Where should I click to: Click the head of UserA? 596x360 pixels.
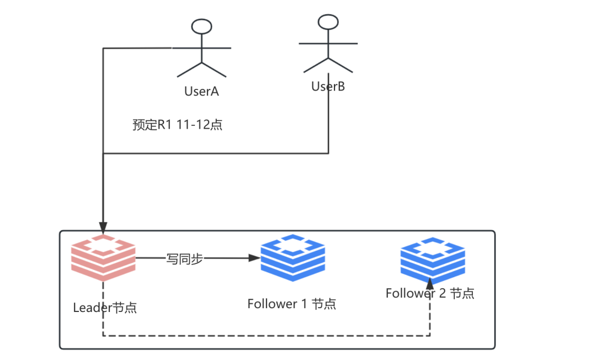click(201, 27)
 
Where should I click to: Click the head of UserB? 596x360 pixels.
click(328, 22)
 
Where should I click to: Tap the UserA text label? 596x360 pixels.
click(201, 91)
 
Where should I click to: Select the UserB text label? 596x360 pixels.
click(328, 87)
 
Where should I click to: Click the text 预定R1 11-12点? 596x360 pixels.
click(178, 125)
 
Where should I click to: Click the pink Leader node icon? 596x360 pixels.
click(103, 258)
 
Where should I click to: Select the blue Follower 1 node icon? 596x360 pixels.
click(292, 258)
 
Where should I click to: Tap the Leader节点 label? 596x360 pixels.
click(105, 308)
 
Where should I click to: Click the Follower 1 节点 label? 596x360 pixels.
click(292, 304)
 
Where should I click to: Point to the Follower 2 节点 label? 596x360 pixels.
click(430, 293)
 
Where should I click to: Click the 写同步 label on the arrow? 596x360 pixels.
click(185, 259)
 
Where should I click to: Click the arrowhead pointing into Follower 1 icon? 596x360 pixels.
click(254, 258)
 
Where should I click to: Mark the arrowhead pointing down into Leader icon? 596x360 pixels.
click(103, 228)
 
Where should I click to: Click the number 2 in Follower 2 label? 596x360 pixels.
click(443, 293)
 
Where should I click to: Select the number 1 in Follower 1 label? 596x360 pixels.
click(304, 304)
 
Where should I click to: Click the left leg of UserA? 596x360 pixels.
click(189, 70)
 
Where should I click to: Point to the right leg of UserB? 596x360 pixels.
click(340, 65)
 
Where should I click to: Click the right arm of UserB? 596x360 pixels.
click(343, 43)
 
